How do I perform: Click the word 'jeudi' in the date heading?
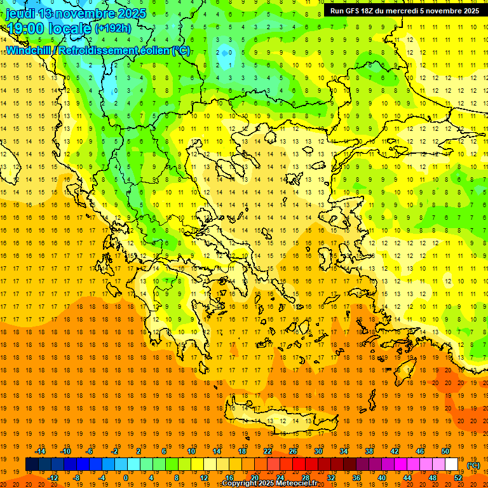tap(20, 13)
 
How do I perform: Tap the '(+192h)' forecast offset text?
tap(112, 28)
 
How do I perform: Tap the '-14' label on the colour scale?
tap(42, 451)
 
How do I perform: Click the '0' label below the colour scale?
tap(125, 478)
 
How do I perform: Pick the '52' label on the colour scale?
tap(458, 478)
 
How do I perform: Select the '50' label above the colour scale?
tap(445, 451)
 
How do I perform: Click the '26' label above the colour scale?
tap(293, 451)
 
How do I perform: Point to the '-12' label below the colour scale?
tap(53, 478)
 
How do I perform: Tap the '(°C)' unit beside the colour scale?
tap(473, 465)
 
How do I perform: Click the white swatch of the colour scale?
tap(452, 464)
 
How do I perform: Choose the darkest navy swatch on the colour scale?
tap(32, 464)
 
